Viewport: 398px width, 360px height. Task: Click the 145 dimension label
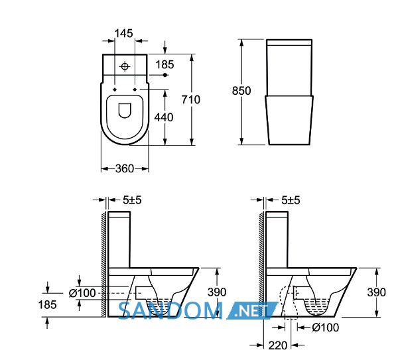pos(123,33)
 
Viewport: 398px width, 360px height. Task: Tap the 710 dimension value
pos(191,99)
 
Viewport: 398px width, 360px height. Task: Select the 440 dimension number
pos(164,117)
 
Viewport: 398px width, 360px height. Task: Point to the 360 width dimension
pos(125,168)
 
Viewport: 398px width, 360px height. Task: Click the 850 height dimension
pos(241,91)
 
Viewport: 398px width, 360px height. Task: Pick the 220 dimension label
pos(278,345)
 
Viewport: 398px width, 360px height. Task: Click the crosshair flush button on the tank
pos(125,66)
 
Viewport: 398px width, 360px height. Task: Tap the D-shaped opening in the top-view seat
pos(125,111)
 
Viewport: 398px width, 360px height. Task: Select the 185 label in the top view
pos(165,64)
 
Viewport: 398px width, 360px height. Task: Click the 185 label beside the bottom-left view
pos(48,304)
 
